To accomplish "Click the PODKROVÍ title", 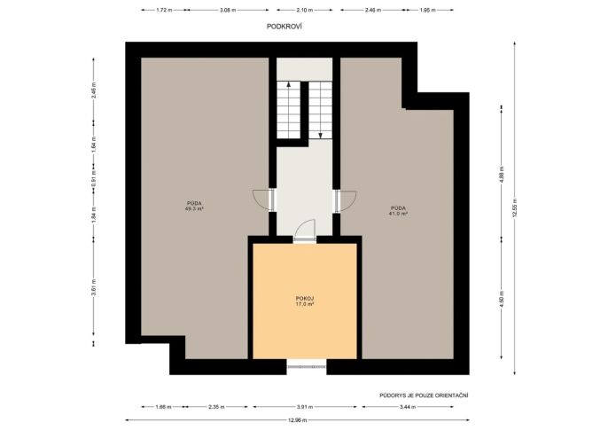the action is [285, 27].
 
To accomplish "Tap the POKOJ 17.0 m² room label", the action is [305, 301].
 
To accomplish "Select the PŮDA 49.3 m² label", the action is [194, 206].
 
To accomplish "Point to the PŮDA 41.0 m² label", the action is [398, 210].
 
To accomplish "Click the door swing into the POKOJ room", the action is [304, 231].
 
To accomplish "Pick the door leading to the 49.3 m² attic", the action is [264, 200].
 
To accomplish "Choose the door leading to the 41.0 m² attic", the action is [346, 201].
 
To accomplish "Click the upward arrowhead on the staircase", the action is [288, 83].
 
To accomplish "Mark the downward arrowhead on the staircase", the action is [320, 136].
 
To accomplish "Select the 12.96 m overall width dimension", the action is [298, 420].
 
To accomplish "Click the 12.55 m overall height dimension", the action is [515, 208].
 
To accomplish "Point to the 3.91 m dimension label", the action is [305, 407].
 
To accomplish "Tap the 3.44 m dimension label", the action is [408, 407].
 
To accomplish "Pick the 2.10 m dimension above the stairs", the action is [305, 10].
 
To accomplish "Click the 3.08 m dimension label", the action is [228, 10].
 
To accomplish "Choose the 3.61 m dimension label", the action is [93, 287].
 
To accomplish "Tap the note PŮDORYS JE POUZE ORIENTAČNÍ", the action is [424, 395].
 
